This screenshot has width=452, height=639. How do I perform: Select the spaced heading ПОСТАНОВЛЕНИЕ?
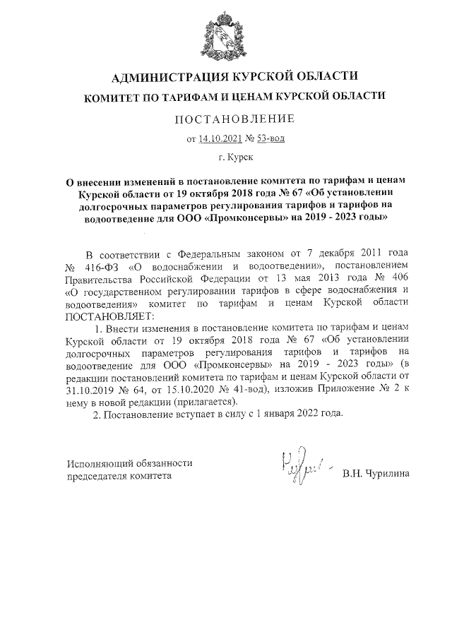[x=225, y=117]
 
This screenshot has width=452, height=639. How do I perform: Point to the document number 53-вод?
[x=270, y=138]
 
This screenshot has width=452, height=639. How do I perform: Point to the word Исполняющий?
[x=100, y=463]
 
